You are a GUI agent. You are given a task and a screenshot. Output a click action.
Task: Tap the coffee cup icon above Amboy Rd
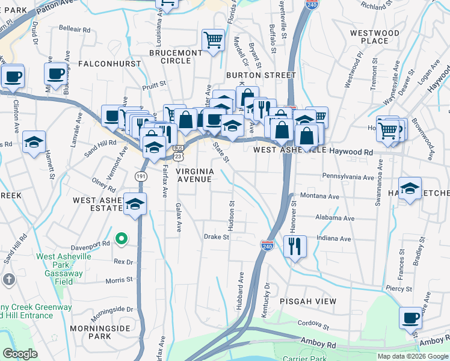point(411,318)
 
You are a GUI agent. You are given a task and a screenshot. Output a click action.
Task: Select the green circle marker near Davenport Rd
point(121,239)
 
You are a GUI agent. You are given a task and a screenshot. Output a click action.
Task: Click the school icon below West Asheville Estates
point(135,204)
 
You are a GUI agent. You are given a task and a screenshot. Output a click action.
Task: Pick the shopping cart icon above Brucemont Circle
point(213,41)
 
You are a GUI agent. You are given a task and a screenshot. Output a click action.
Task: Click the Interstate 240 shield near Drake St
point(267,245)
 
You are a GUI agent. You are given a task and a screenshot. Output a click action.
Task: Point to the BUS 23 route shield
point(177,151)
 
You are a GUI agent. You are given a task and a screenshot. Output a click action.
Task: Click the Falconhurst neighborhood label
point(106,63)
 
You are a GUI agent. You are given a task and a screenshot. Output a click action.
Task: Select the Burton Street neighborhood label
point(261,75)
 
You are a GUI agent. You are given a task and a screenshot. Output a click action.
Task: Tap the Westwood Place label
point(375,37)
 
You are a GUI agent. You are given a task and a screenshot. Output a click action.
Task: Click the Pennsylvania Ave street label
point(348,177)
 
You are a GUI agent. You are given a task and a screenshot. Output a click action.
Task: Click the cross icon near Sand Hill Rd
point(8,280)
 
